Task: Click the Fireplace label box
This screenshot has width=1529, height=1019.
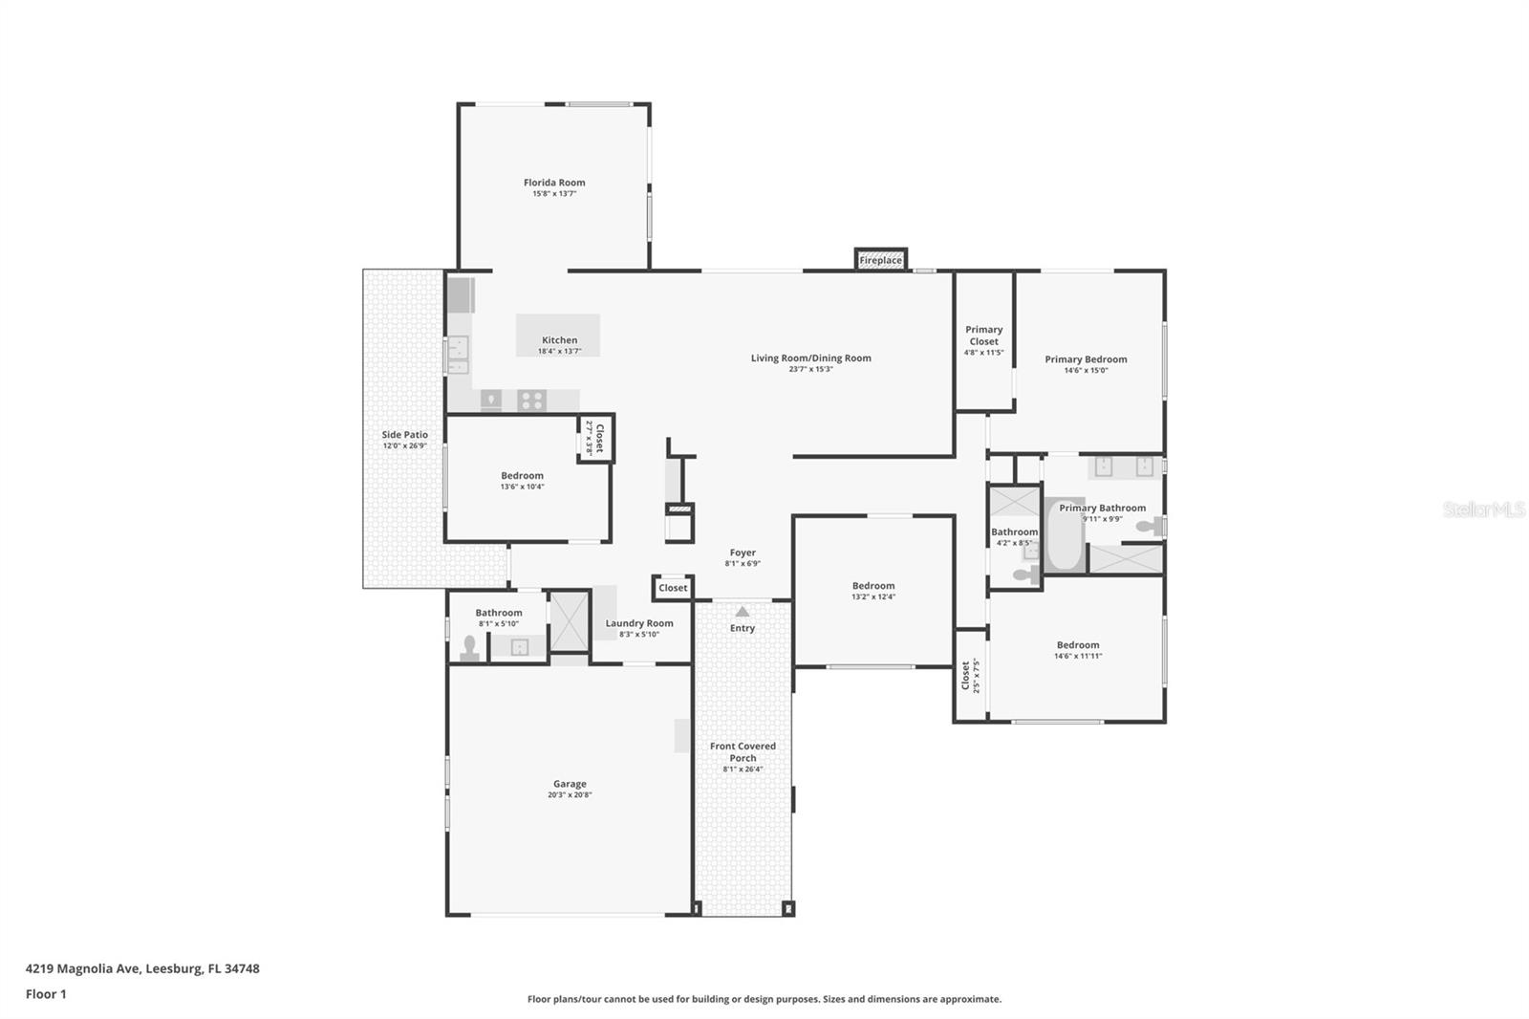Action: [x=880, y=260]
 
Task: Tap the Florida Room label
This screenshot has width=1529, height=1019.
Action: [x=554, y=183]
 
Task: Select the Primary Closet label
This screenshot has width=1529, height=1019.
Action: [x=983, y=336]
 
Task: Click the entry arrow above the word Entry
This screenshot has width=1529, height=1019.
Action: [x=743, y=611]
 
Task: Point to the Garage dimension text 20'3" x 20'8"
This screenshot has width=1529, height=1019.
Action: [x=570, y=795]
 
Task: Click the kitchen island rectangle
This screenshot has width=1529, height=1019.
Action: [x=558, y=335]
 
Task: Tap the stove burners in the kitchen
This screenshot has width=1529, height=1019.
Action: [x=531, y=400]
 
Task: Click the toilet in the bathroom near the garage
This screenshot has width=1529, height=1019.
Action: [x=469, y=648]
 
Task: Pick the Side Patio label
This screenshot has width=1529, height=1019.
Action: [x=405, y=435]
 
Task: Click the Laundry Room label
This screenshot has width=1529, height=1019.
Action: [x=639, y=623]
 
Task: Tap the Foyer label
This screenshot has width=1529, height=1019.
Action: [x=743, y=553]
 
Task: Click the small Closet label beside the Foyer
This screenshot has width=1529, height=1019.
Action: [x=673, y=588]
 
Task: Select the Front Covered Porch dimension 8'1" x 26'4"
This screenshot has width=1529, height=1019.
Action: [x=743, y=770]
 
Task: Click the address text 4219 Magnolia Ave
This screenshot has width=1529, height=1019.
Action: [x=85, y=968]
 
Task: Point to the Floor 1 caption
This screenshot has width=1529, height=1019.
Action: [x=46, y=994]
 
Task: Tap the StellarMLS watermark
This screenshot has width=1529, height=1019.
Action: [x=1483, y=509]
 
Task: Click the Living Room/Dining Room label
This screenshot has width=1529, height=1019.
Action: [x=810, y=358]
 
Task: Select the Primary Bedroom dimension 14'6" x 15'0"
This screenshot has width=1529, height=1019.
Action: [x=1086, y=371]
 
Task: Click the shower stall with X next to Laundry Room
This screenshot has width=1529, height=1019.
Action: [x=570, y=622]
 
